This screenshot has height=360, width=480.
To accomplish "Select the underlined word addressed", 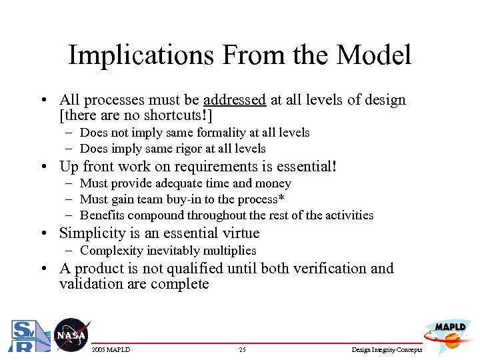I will click(235, 100).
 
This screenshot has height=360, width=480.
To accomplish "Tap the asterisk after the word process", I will click(282, 198).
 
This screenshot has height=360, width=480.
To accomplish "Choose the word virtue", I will click(239, 233).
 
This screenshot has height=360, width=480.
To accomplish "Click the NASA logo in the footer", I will click(71, 335).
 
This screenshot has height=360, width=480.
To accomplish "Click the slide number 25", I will click(242, 350).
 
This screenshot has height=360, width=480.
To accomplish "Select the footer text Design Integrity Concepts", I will click(386, 350).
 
